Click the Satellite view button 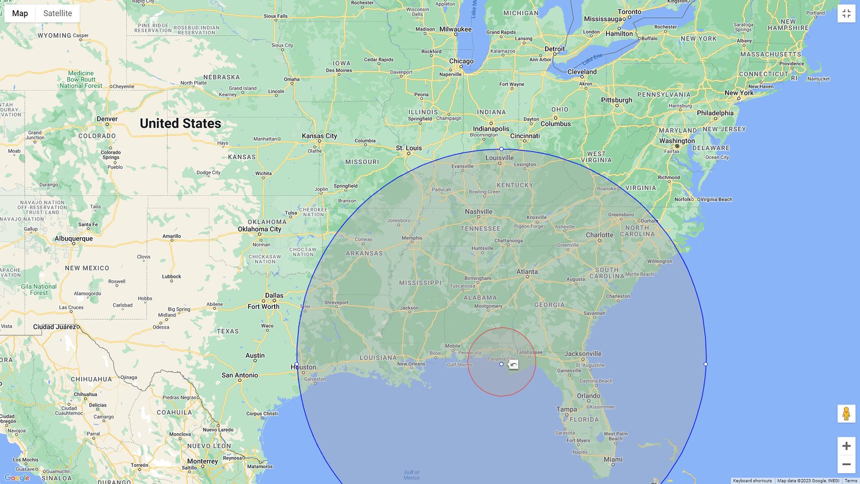point(58,13)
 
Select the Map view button point(20,13)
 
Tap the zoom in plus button point(846,446)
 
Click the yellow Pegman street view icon point(846,414)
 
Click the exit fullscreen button point(846,13)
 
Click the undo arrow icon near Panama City point(513,365)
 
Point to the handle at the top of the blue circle point(501,149)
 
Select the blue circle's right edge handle point(706,364)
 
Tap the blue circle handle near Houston point(297,365)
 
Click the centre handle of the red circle point(501,364)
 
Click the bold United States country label point(181,124)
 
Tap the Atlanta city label point(527,272)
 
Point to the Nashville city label point(478,212)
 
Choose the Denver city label point(107,119)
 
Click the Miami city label point(613,459)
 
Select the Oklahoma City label point(260,229)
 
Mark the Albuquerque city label point(74,238)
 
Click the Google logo point(17,478)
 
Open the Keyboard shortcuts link point(752,481)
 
